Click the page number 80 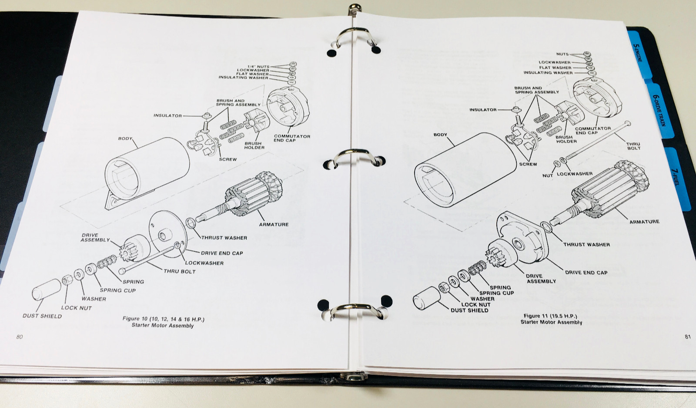pyautogui.click(x=19, y=337)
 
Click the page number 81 pyautogui.click(x=687, y=336)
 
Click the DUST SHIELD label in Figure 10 pyautogui.click(x=42, y=316)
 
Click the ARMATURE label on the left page pyautogui.click(x=274, y=224)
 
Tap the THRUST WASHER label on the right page pyautogui.click(x=586, y=244)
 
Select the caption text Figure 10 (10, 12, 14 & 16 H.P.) pyautogui.click(x=163, y=319)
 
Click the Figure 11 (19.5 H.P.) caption pyautogui.click(x=550, y=316)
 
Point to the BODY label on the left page pyautogui.click(x=125, y=138)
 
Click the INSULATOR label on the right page pyautogui.click(x=482, y=110)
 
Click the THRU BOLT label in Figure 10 pyautogui.click(x=179, y=271)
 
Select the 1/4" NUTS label pyautogui.click(x=258, y=67)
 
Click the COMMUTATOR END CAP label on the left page pyautogui.click(x=291, y=138)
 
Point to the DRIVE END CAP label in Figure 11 pyautogui.click(x=586, y=273)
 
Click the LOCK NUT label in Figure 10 pyautogui.click(x=76, y=307)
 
